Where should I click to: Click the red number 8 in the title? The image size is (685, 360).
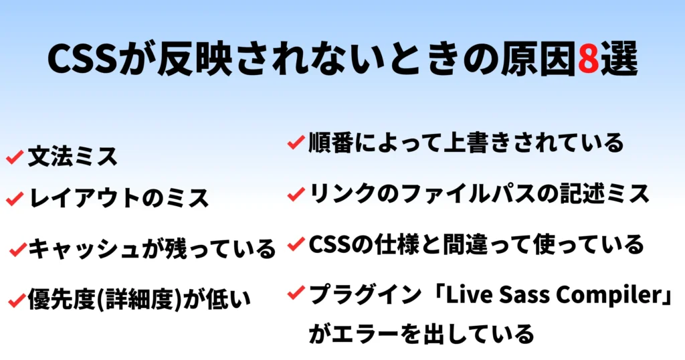point(588,58)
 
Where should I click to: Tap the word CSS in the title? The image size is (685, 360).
point(82,58)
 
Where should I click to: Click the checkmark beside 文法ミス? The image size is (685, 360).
point(15,157)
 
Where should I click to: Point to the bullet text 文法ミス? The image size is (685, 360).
point(72,157)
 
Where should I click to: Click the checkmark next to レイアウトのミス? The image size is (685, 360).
point(15,198)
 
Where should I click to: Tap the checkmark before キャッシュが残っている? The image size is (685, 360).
point(18,250)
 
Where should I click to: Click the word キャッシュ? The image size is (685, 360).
point(83,249)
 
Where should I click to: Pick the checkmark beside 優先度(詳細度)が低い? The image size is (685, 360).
point(17,300)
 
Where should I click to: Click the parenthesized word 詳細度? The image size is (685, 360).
point(138,299)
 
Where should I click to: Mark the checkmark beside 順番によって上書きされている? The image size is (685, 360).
point(296,142)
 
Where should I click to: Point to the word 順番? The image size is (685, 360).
point(330,143)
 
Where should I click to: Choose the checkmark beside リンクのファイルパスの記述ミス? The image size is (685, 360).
point(296,193)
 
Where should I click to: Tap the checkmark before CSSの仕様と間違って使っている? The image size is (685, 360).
point(296,244)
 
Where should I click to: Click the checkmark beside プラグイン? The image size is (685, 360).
point(296,292)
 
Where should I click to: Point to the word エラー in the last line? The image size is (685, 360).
point(365,334)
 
